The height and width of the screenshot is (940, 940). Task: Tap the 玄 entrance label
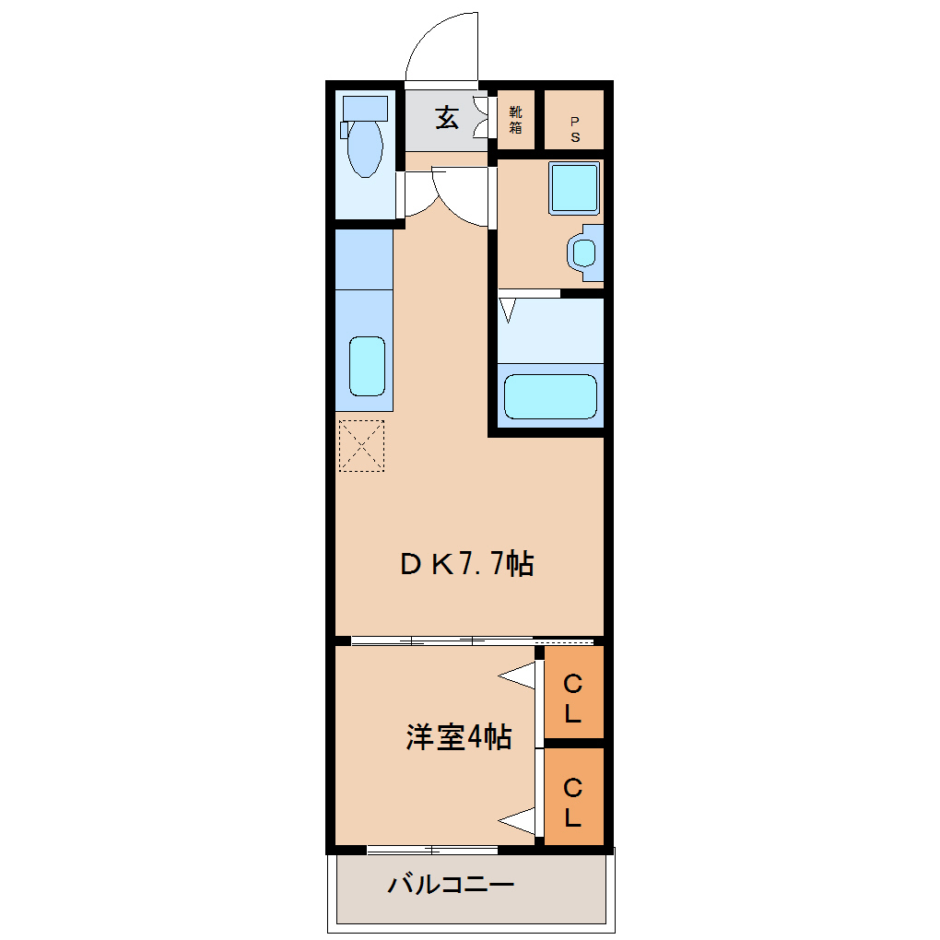[x=447, y=118]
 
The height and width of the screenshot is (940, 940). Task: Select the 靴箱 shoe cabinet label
[x=515, y=120]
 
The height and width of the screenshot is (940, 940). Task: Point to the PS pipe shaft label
[x=574, y=129]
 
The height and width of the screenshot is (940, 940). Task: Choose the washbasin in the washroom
[x=583, y=252]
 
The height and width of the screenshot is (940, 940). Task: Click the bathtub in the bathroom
[x=550, y=396]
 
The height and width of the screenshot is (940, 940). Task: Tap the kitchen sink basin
[x=366, y=366]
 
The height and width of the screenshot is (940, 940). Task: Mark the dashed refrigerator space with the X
[x=361, y=446]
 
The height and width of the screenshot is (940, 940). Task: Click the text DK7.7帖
[x=466, y=564]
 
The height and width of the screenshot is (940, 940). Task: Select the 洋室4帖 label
[x=458, y=737]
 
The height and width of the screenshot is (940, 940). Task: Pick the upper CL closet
[x=573, y=698]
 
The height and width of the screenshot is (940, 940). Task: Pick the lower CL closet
[x=573, y=802]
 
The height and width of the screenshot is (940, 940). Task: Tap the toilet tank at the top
[x=365, y=108]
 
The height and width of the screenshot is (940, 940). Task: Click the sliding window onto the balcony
[x=431, y=850]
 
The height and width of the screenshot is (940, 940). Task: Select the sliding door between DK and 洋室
[x=442, y=640]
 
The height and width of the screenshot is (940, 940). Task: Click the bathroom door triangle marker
[x=508, y=310]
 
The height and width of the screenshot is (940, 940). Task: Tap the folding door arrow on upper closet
[x=519, y=678]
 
